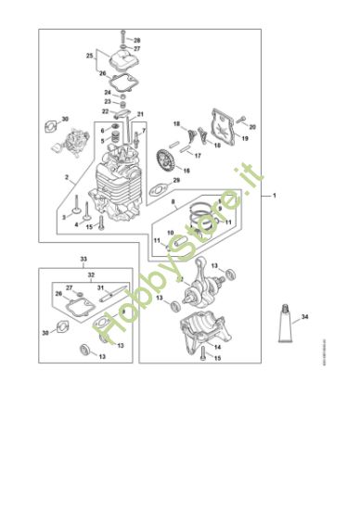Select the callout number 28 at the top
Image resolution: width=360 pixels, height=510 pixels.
coord(136,41)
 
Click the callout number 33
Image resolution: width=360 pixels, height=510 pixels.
coord(84,257)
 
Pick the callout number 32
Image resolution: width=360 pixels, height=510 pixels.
coord(90,275)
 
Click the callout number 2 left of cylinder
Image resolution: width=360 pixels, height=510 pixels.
coord(66,175)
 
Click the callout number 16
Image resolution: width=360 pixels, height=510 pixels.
coord(186,171)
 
